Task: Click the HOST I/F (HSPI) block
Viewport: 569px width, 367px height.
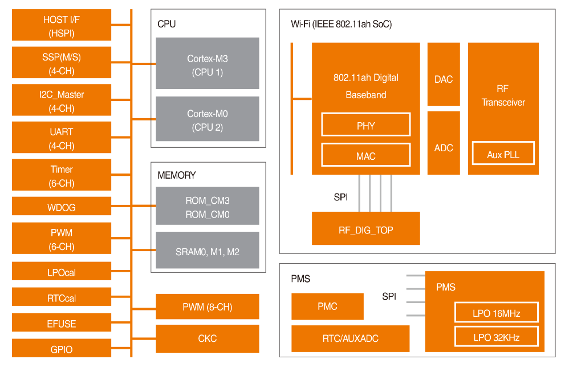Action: pyautogui.click(x=62, y=26)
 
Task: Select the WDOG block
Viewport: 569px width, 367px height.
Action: pyautogui.click(x=62, y=207)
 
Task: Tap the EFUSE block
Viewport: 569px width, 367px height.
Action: pyautogui.click(x=62, y=324)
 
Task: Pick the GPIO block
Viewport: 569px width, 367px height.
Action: pyautogui.click(x=62, y=349)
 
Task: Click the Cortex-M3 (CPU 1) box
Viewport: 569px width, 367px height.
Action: pyautogui.click(x=208, y=65)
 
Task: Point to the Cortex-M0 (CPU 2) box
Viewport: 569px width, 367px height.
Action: pyautogui.click(x=208, y=120)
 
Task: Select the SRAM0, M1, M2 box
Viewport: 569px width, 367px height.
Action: pyautogui.click(x=208, y=251)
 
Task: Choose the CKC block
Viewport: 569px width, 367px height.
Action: pyautogui.click(x=208, y=338)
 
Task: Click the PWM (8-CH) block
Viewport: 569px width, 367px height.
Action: pyautogui.click(x=208, y=307)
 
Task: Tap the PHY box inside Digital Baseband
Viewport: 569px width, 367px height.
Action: pyautogui.click(x=366, y=125)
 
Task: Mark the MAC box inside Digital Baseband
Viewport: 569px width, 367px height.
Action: pyautogui.click(x=366, y=155)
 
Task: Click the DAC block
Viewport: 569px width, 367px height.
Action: pyautogui.click(x=444, y=79)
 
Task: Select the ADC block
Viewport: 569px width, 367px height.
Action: pyautogui.click(x=444, y=148)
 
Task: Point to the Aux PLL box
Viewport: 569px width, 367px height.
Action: pyautogui.click(x=503, y=154)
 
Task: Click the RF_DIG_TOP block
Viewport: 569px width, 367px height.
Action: pyautogui.click(x=366, y=230)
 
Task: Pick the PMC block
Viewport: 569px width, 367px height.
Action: pyautogui.click(x=327, y=306)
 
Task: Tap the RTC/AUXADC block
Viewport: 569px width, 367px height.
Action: pyautogui.click(x=350, y=338)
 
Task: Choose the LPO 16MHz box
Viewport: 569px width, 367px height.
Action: pyautogui.click(x=497, y=313)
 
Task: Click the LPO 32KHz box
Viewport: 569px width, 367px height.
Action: pyautogui.click(x=497, y=337)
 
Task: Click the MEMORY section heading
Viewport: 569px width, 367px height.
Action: pyautogui.click(x=177, y=175)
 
